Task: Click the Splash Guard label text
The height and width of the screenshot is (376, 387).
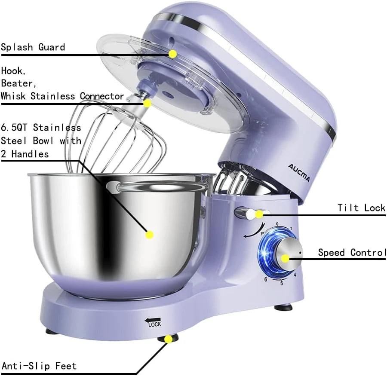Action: click(33, 47)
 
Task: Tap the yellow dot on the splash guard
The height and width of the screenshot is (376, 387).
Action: click(173, 54)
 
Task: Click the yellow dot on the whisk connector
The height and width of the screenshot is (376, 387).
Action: click(147, 103)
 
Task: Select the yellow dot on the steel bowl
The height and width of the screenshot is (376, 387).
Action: click(149, 235)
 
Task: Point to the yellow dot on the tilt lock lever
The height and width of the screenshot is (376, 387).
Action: click(259, 214)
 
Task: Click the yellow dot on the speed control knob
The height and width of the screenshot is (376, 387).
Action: click(285, 258)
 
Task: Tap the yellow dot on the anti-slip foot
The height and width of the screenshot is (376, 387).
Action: click(169, 339)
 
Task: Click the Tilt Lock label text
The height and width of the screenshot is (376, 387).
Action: click(361, 208)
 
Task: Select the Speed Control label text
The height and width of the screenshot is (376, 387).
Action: click(352, 253)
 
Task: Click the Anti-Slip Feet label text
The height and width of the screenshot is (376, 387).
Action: click(39, 366)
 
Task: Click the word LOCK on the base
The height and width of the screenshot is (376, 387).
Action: click(154, 325)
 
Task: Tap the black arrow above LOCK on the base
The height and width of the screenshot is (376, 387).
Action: click(152, 319)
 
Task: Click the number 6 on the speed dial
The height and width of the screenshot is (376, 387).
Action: click(266, 280)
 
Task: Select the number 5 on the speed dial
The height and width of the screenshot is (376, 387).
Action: click(282, 283)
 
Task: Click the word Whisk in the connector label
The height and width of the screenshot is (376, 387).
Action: click(15, 96)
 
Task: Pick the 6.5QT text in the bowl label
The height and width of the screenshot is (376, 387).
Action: click(15, 128)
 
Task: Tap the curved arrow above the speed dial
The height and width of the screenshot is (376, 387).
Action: click(251, 232)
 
